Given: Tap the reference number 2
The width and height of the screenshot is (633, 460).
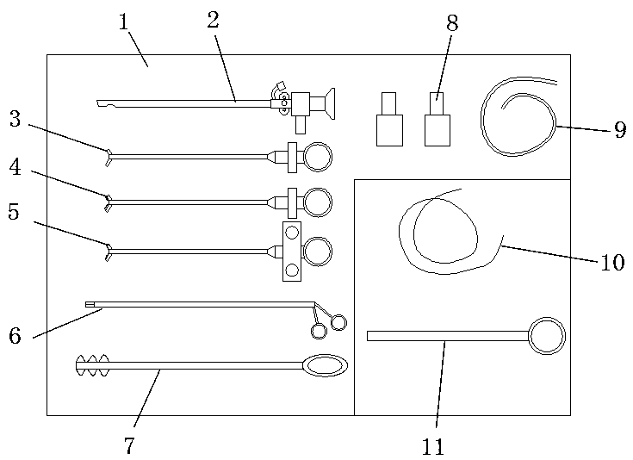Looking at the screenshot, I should pyautogui.click(x=213, y=21).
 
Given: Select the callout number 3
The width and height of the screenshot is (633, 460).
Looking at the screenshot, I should pyautogui.click(x=15, y=119).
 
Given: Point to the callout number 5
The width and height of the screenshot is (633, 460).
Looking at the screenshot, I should pyautogui.click(x=14, y=212).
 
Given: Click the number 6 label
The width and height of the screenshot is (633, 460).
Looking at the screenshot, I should pyautogui.click(x=15, y=336).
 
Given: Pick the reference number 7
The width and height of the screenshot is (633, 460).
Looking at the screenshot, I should pyautogui.click(x=129, y=445).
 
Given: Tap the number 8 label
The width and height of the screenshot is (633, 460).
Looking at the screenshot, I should pyautogui.click(x=451, y=23).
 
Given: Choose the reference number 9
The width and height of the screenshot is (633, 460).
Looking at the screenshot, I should pyautogui.click(x=620, y=131).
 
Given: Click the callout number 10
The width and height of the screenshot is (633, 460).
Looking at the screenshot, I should pyautogui.click(x=611, y=262).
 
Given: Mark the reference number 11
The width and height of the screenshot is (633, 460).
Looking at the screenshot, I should pyautogui.click(x=433, y=446).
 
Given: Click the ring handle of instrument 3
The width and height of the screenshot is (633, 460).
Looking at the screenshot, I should pyautogui.click(x=316, y=157).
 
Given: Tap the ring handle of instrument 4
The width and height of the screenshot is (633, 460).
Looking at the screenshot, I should pyautogui.click(x=316, y=202).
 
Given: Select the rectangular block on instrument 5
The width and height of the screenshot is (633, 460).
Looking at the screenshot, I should pyautogui.click(x=292, y=252).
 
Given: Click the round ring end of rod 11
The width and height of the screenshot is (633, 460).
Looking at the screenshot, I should pyautogui.click(x=547, y=335).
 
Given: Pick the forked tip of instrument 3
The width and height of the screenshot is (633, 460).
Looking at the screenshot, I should pyautogui.click(x=109, y=156).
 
